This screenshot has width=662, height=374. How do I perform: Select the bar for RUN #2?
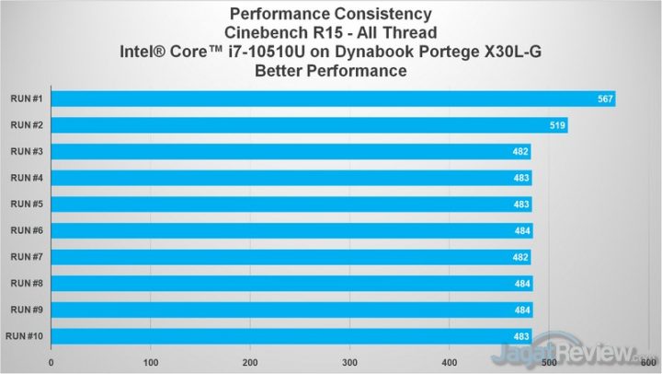coord(309,125)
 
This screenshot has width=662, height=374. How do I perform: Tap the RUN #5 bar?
coord(291,205)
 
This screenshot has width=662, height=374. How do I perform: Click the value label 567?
coord(604,99)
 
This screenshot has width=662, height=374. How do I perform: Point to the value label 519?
coord(556,125)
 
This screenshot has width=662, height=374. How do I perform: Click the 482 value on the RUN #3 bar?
coord(519,152)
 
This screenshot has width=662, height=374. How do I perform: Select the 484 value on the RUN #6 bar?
coord(520,231)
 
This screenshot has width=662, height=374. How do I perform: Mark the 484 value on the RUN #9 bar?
coord(520,310)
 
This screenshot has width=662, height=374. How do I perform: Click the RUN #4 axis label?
coord(25,178)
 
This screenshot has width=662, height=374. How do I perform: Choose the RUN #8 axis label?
coord(25,284)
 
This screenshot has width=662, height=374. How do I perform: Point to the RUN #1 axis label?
coord(25,99)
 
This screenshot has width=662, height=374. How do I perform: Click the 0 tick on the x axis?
coord(51,361)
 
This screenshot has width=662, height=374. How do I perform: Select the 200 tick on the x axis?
coord(250,361)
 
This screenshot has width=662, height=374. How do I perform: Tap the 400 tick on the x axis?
coord(449,361)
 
